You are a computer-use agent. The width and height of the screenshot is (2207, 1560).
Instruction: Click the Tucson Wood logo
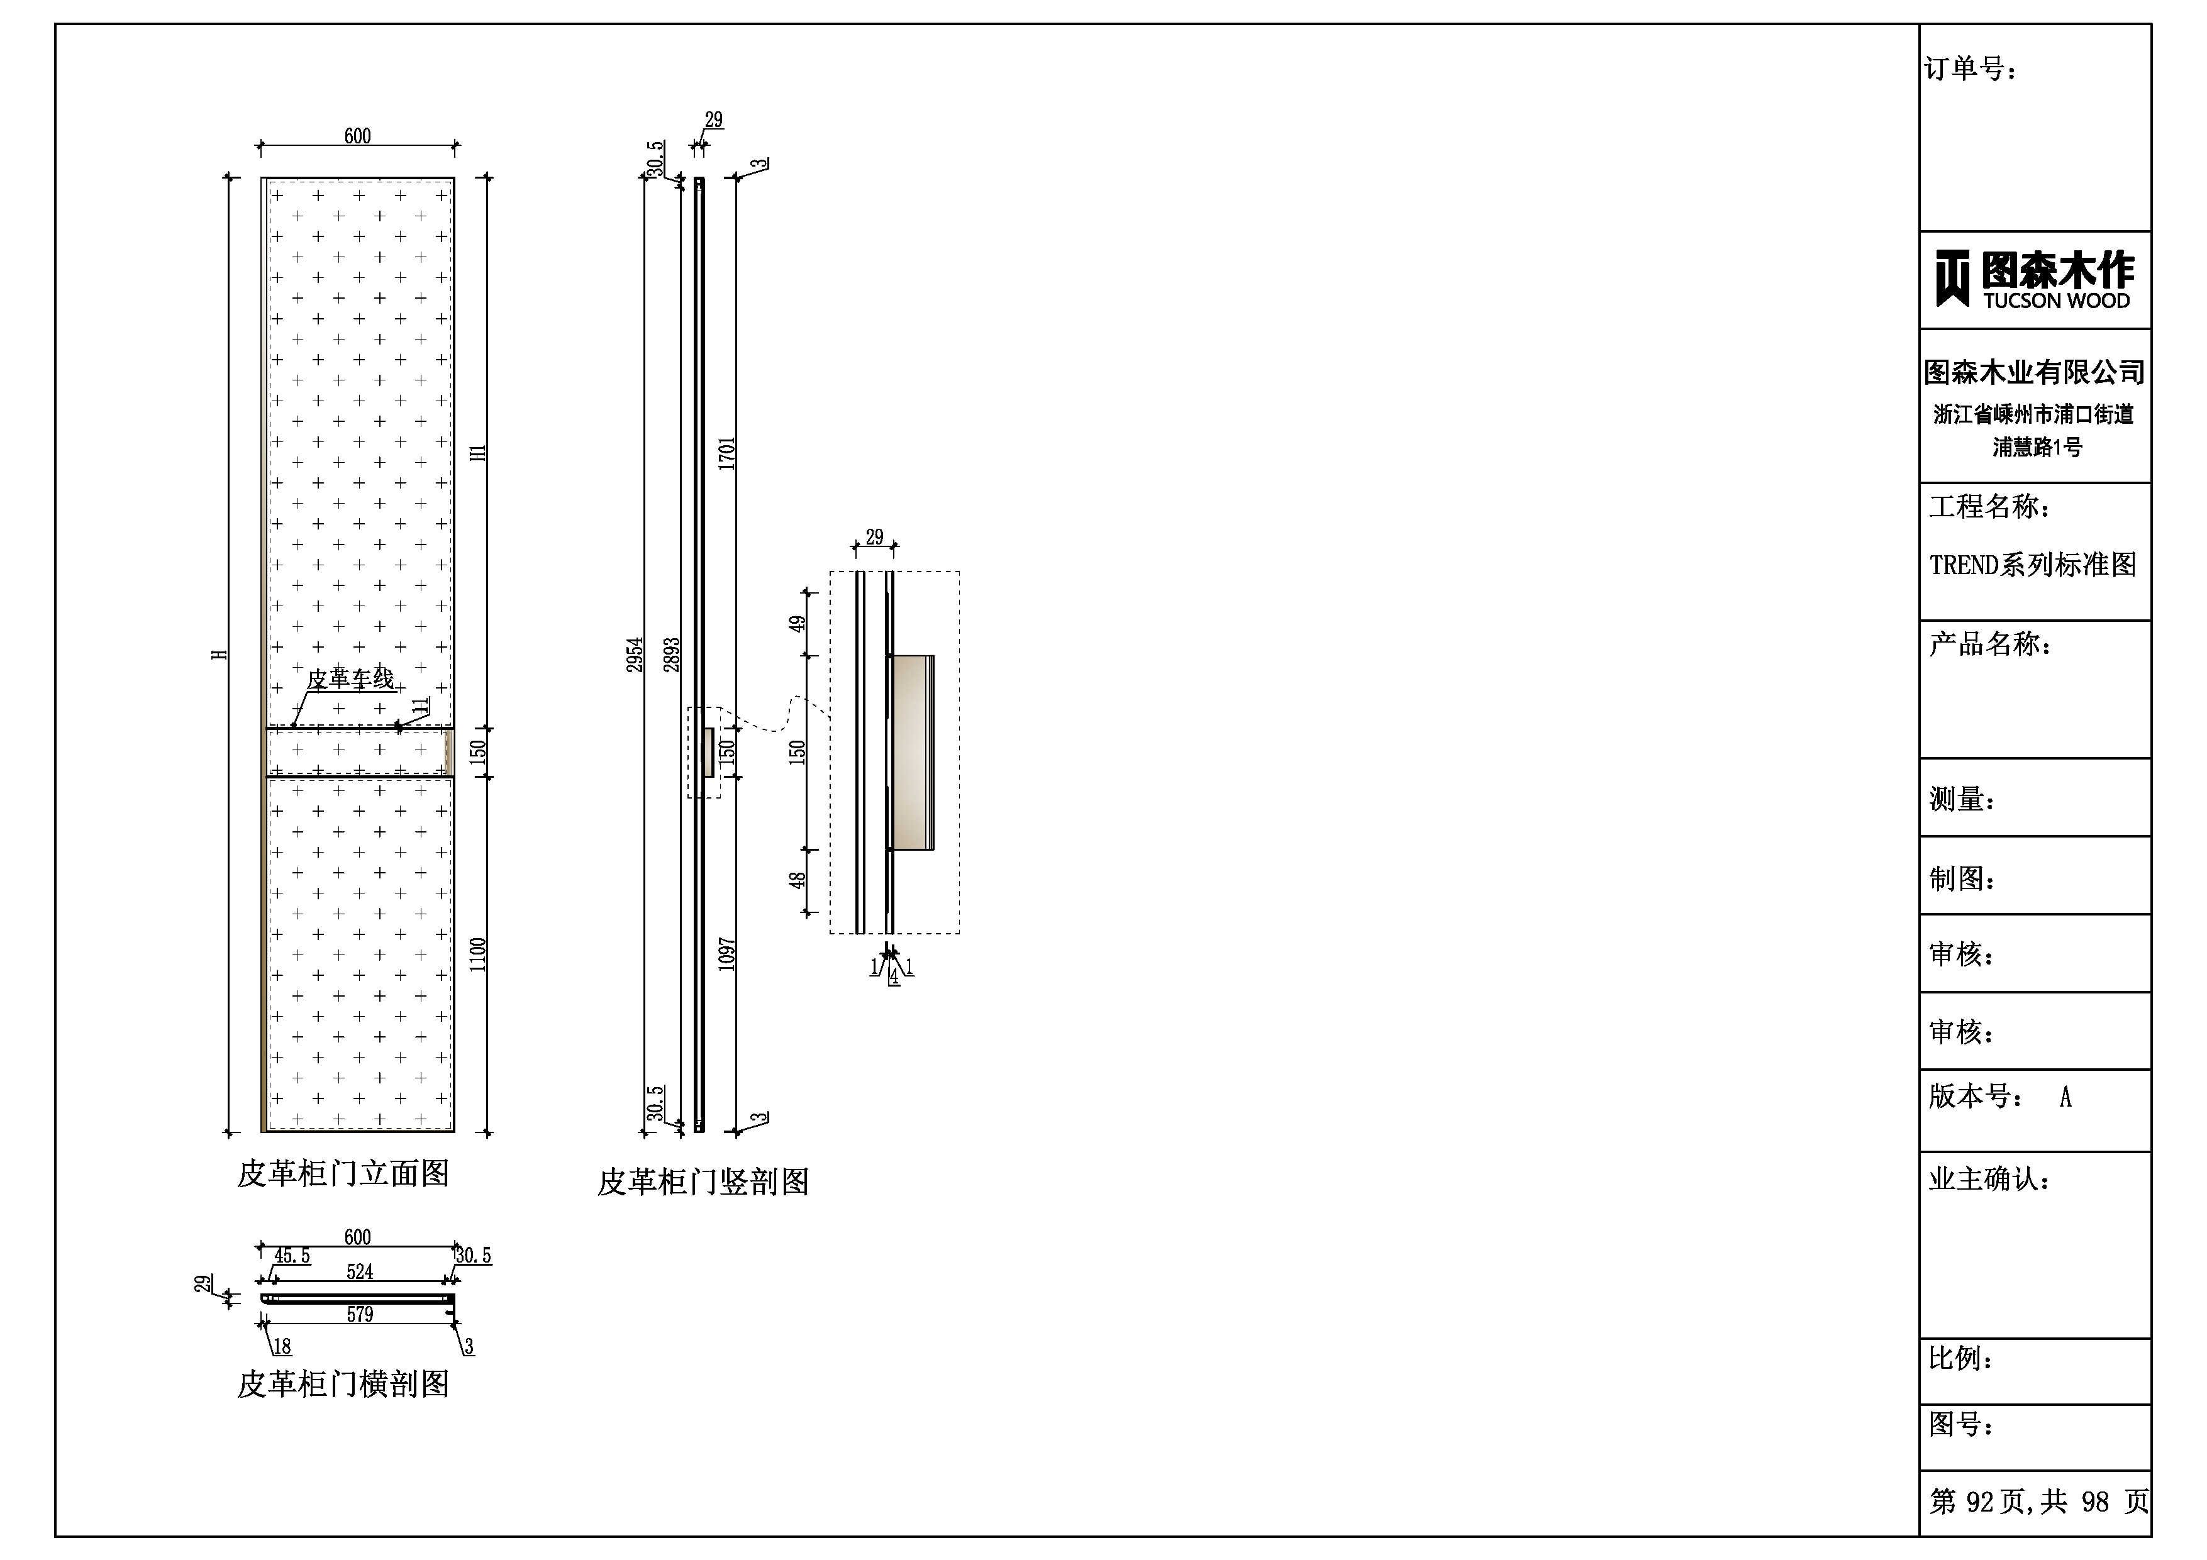pos(2034,280)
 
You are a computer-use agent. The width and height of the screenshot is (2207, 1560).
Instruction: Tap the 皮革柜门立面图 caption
pos(343,1173)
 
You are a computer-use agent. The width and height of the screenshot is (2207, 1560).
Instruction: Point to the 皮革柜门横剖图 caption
pos(343,1384)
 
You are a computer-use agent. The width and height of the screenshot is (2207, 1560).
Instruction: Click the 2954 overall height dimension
pos(635,655)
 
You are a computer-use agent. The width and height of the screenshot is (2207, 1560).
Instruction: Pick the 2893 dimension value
pos(671,655)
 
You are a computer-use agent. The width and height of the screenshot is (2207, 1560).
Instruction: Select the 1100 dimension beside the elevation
pos(478,954)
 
